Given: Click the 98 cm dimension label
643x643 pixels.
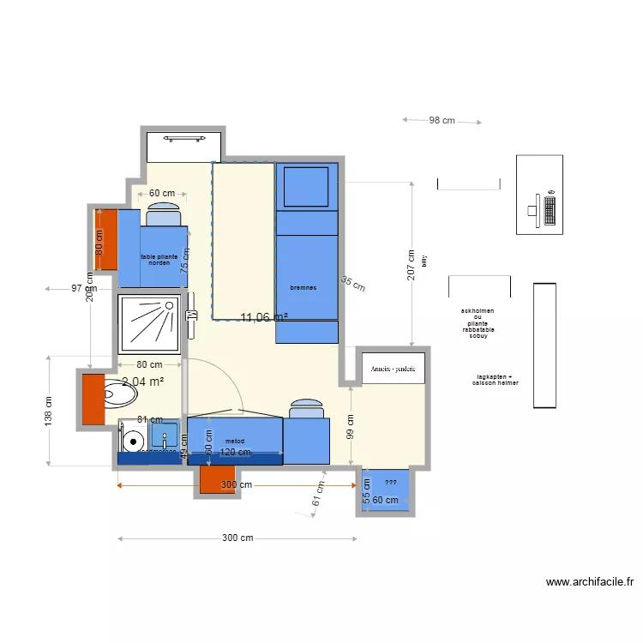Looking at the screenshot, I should click(x=442, y=121).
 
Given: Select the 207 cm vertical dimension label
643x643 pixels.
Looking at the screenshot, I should click(x=412, y=265).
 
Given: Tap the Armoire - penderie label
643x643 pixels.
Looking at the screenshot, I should click(x=394, y=369).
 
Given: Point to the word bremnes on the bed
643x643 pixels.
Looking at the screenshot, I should click(x=303, y=288).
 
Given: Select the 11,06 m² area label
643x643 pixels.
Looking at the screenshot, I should click(x=264, y=317).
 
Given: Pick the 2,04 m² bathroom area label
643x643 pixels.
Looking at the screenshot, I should click(x=142, y=382).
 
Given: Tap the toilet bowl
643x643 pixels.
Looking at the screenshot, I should click(x=120, y=395).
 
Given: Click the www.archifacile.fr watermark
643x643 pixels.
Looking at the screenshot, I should click(x=590, y=582).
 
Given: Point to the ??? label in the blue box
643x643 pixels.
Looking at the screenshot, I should click(x=389, y=482).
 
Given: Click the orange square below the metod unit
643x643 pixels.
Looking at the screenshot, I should click(x=217, y=480).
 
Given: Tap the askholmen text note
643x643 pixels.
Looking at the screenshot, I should click(x=478, y=310).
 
